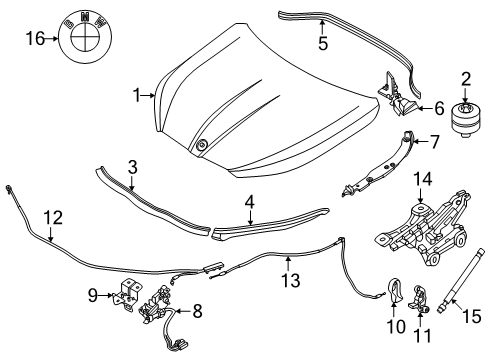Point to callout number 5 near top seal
(321, 44)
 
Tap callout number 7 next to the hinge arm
(436, 143)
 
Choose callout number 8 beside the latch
(196, 311)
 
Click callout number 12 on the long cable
(51, 215)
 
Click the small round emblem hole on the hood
(203, 146)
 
